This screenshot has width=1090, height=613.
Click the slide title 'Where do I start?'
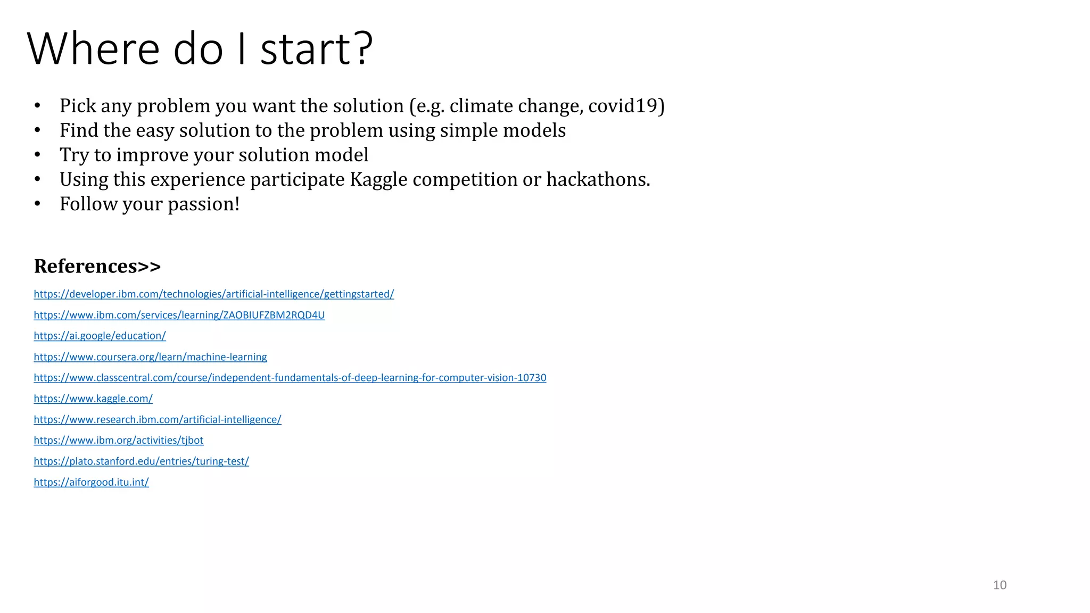click(x=200, y=49)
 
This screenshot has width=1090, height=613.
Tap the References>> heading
click(x=97, y=266)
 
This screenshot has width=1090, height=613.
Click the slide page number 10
click(x=1000, y=585)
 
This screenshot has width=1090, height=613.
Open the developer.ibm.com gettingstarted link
click(x=213, y=294)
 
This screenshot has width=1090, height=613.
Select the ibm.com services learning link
click(x=179, y=315)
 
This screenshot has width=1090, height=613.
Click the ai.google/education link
click(x=100, y=336)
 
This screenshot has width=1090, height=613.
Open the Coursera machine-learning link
click(x=150, y=357)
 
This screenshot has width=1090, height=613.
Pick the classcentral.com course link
click(x=290, y=378)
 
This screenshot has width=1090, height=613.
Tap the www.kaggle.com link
click(x=93, y=399)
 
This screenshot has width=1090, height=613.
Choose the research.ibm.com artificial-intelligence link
click(x=157, y=419)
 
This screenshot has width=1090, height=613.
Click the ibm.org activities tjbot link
click(x=118, y=440)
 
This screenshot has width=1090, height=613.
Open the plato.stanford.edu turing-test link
click(x=141, y=461)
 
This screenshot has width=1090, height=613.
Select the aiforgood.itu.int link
click(x=91, y=482)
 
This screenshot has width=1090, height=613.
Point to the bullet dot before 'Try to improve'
click(x=37, y=155)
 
